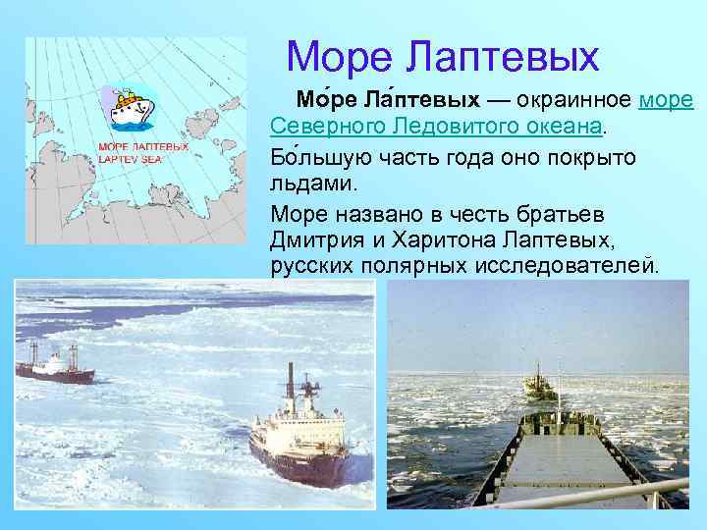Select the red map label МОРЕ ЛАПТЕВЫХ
(143, 146)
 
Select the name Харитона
(446, 238)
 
